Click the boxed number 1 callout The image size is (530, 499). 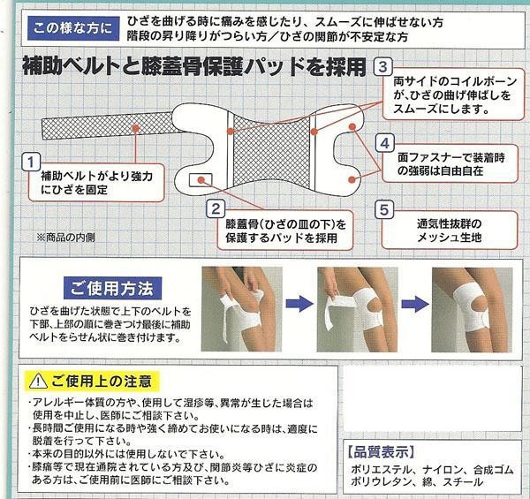click(x=31, y=162)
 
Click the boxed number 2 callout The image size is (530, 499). click(x=216, y=208)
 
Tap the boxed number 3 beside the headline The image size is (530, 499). click(x=382, y=66)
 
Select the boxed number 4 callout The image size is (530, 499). click(x=384, y=143)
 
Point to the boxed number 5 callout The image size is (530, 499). click(x=384, y=209)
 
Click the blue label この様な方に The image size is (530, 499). click(x=73, y=28)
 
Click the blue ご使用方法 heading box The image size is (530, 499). click(x=112, y=288)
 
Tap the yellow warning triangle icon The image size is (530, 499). click(x=38, y=381)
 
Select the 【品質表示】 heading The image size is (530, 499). click(x=381, y=452)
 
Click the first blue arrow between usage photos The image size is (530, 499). click(x=299, y=303)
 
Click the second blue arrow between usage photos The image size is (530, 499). click(x=415, y=304)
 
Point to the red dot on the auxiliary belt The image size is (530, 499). click(x=135, y=128)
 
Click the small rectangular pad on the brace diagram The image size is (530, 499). click(x=201, y=180)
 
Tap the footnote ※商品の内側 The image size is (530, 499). click(x=66, y=238)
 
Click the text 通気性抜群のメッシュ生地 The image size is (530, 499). click(x=450, y=231)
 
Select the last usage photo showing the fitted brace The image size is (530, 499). click(x=472, y=310)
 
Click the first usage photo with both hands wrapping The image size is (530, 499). click(x=242, y=309)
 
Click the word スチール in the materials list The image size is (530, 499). click(x=463, y=481)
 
